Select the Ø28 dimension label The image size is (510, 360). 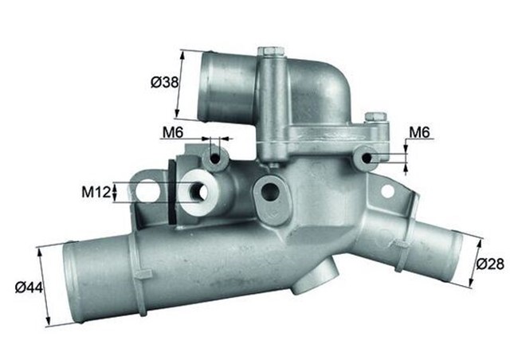pos(491,264)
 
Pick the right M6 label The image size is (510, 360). pos(421,131)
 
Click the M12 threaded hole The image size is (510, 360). pos(198,192)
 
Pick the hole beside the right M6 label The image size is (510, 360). pos(367,158)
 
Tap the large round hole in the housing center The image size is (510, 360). pos(269,191)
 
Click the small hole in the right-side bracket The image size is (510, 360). pos(388,191)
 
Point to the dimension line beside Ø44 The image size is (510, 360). pos(45,286)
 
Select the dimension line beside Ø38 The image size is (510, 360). pos(180,84)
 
